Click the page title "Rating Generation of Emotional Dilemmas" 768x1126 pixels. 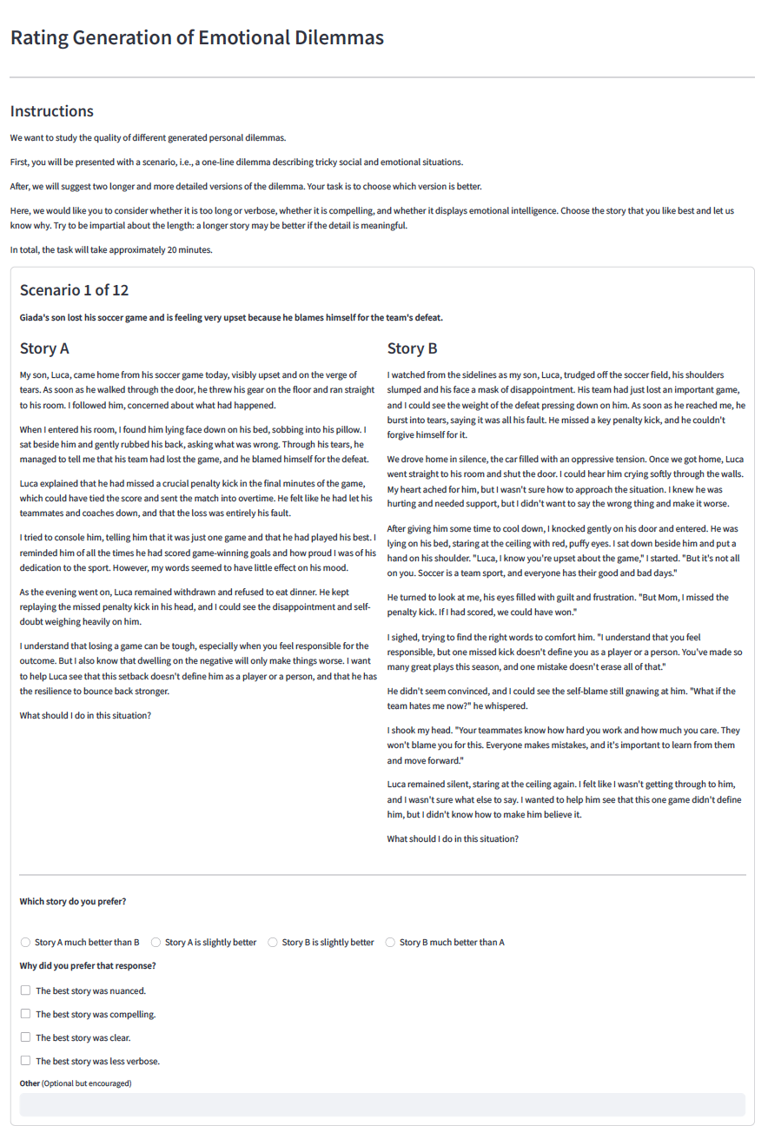point(196,38)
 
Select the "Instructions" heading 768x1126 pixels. point(51,111)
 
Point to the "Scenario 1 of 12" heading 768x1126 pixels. point(74,290)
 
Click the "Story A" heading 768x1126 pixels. point(44,348)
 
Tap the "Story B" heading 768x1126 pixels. point(412,348)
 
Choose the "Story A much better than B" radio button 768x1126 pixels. point(26,943)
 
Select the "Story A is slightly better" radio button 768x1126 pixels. point(156,943)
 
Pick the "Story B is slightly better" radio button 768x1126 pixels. point(273,943)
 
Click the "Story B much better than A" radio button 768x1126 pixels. point(390,943)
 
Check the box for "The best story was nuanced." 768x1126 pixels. point(26,990)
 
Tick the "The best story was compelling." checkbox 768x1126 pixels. point(26,1014)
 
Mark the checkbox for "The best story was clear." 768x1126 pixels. point(26,1037)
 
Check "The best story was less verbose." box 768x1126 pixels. point(26,1061)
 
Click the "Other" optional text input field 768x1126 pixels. point(382,1104)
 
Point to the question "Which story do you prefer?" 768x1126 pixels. point(73,902)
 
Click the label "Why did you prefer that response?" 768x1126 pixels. point(88,966)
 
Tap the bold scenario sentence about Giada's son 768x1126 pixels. point(231,317)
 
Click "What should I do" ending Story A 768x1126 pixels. point(85,715)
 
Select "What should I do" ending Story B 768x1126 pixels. point(453,838)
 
